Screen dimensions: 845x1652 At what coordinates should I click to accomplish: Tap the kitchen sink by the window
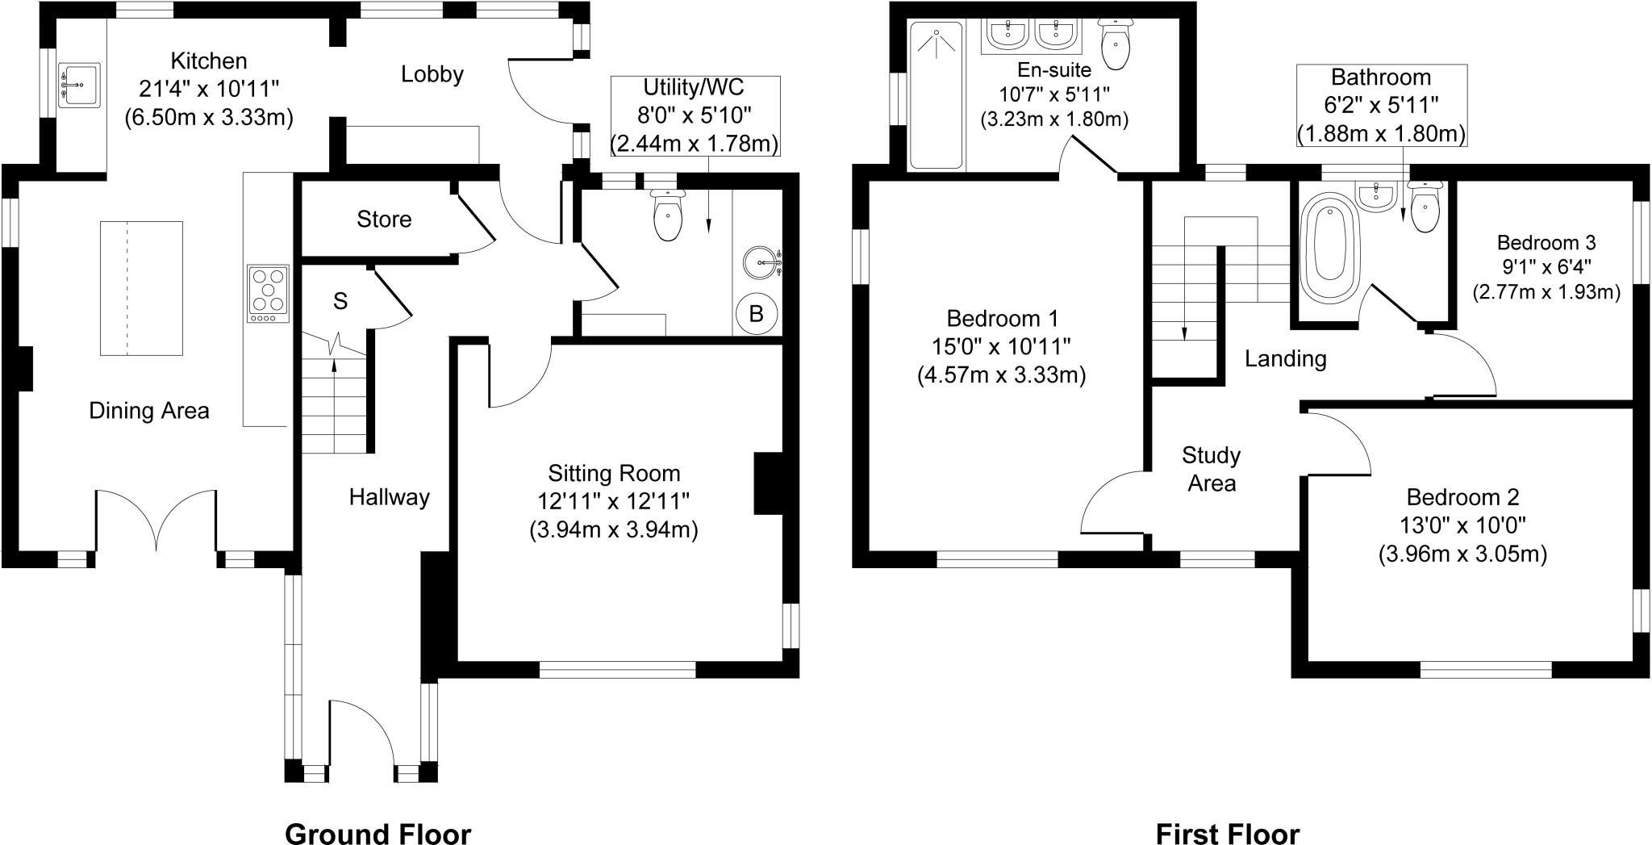79,85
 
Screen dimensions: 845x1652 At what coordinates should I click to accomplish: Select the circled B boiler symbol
757,313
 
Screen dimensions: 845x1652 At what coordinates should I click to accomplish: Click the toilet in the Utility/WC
667,215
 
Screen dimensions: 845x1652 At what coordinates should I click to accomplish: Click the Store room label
384,220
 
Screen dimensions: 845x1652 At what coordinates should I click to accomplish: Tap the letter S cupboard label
340,302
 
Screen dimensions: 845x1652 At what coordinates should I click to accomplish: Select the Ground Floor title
378,833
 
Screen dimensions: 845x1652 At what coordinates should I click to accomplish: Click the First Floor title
1228,833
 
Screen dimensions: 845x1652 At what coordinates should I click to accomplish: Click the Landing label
1285,358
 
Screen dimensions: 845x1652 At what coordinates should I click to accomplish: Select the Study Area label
1211,469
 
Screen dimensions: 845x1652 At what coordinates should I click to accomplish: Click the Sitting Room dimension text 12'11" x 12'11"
613,501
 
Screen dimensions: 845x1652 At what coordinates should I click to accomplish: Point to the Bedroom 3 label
1546,243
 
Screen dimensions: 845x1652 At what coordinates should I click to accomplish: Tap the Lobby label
432,74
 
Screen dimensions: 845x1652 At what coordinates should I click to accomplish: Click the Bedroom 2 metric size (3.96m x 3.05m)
1462,554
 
